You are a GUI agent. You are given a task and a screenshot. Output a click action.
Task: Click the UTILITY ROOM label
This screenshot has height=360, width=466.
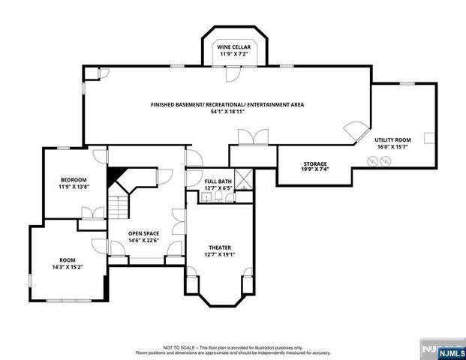tap(392, 140)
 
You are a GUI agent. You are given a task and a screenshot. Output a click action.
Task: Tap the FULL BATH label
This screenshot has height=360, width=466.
tap(219, 181)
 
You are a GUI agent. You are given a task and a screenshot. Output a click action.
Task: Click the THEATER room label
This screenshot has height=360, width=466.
tap(219, 247)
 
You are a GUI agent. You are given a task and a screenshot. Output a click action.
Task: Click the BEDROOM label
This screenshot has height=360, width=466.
tap(74, 179)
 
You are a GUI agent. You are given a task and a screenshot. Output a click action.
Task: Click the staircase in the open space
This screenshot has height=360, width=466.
tap(119, 203)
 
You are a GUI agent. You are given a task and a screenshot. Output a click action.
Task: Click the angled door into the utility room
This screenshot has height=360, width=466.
tap(351, 132)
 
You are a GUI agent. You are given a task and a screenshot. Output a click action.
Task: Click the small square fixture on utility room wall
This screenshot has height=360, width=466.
tap(428, 138)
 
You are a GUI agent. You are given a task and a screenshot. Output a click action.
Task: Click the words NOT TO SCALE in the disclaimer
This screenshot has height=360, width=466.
tap(178, 348)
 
